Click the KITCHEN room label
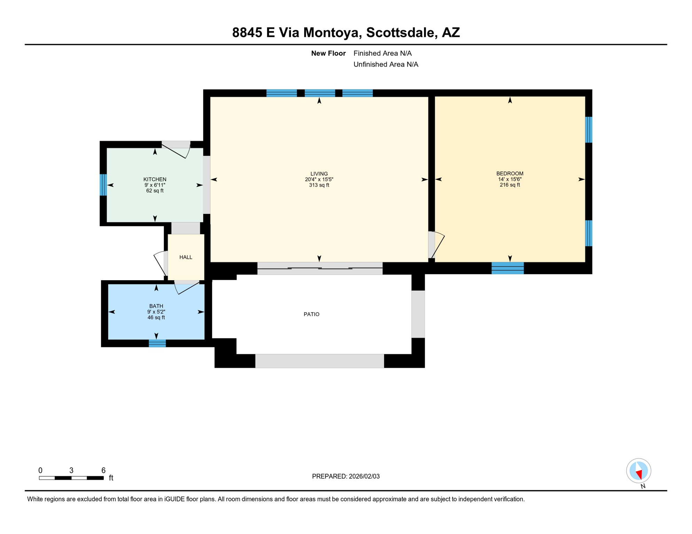pos(155,179)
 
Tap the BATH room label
pos(156,306)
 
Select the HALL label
pos(186,257)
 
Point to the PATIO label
pos(312,314)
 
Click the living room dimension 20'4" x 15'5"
pos(319,179)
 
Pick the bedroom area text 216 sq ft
pos(510,185)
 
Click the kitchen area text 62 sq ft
pos(155,191)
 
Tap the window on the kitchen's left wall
pos(103,185)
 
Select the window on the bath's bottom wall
pos(157,343)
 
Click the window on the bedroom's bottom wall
pos(508,268)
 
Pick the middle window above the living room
pos(320,93)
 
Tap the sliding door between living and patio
pos(320,268)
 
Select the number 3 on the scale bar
pos(71,470)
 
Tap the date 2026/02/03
pos(364,476)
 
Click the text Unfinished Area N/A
pos(386,64)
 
